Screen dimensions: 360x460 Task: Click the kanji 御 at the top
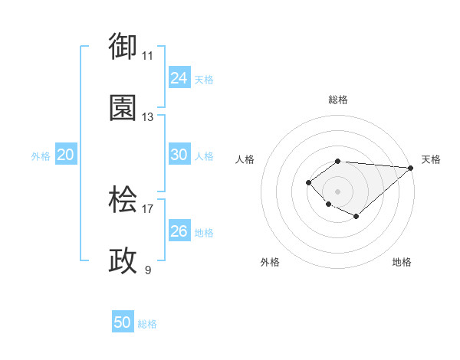click(x=123, y=46)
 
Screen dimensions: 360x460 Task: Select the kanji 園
click(x=123, y=108)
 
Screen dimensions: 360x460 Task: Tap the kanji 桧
click(x=123, y=200)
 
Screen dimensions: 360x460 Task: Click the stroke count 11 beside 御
click(x=148, y=56)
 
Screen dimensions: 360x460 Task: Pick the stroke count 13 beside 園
click(x=148, y=117)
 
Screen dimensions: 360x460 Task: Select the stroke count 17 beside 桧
click(x=148, y=208)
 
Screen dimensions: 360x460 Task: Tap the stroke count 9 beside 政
click(x=148, y=270)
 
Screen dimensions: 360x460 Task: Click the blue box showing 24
click(x=179, y=78)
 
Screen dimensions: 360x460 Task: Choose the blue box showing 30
click(x=179, y=155)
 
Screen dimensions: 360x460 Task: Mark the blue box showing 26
click(x=179, y=231)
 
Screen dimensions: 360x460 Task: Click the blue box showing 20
click(x=65, y=155)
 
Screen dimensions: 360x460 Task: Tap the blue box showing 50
click(x=123, y=323)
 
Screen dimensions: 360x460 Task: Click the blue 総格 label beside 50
click(x=147, y=324)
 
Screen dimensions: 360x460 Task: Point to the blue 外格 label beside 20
click(x=41, y=155)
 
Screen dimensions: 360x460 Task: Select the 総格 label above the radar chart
click(x=337, y=100)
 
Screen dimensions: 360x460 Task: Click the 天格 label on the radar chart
click(x=431, y=159)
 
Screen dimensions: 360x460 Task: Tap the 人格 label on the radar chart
click(x=245, y=159)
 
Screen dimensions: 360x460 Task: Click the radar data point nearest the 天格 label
click(x=410, y=168)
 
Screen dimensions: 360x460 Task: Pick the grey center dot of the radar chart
click(x=337, y=191)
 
